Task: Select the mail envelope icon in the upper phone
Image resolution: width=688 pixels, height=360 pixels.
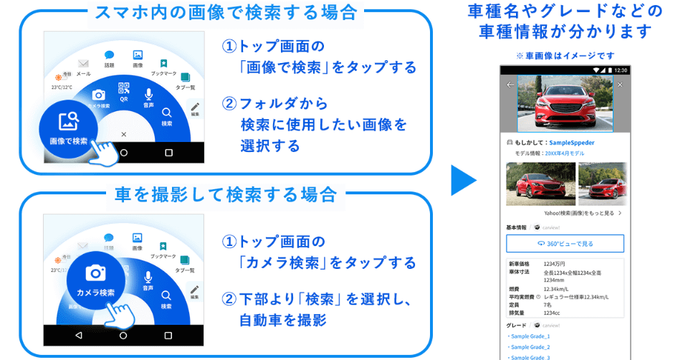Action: (83, 64)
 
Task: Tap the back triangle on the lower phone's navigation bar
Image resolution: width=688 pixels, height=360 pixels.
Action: (78, 335)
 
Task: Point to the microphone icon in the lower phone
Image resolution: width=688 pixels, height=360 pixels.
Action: (148, 276)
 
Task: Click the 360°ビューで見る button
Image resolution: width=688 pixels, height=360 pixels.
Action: (565, 244)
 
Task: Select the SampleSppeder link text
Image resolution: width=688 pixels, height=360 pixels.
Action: (571, 143)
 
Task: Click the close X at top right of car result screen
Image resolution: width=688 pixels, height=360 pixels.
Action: (620, 85)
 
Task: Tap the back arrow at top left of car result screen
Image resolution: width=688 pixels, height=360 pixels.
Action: (510, 85)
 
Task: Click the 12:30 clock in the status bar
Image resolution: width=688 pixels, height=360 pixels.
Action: (621, 70)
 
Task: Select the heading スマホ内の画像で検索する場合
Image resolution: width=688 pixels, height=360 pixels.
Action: (225, 13)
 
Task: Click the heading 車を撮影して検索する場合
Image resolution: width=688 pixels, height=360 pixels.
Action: (225, 194)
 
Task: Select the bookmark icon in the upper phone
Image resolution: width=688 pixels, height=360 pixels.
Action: (163, 64)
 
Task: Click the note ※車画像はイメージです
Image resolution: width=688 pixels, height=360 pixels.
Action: (565, 55)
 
